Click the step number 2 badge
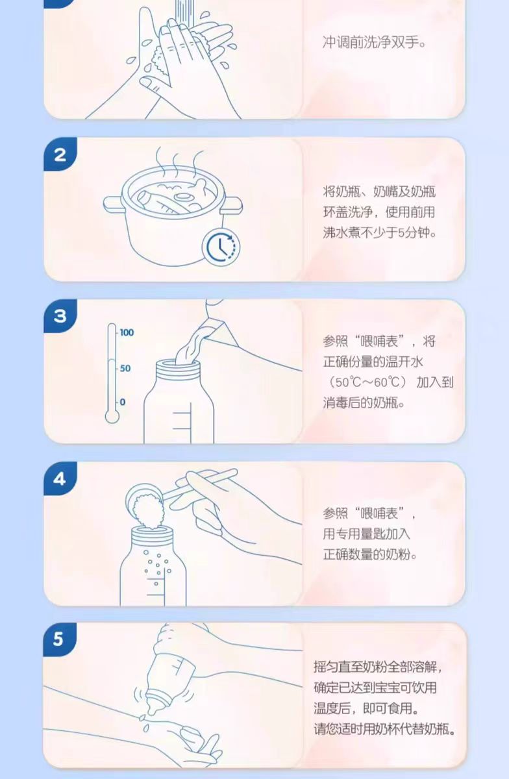pyautogui.click(x=60, y=155)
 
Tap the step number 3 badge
pyautogui.click(x=60, y=316)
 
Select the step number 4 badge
pyautogui.click(x=60, y=479)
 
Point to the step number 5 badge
pyautogui.click(x=59, y=639)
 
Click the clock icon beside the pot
pyautogui.click(x=221, y=247)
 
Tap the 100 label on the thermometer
pyautogui.click(x=127, y=333)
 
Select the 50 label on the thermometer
pyautogui.click(x=125, y=368)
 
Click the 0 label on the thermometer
pyautogui.click(x=123, y=402)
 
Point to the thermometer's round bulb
pyautogui.click(x=112, y=416)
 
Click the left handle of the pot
pyautogui.click(x=114, y=204)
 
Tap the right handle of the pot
pyautogui.click(x=232, y=205)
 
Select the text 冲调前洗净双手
pyautogui.click(x=374, y=43)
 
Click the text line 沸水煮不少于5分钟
pyautogui.click(x=380, y=232)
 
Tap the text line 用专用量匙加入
pyautogui.click(x=367, y=534)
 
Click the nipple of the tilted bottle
pyautogui.click(x=152, y=706)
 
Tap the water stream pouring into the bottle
pyautogui.click(x=194, y=343)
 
